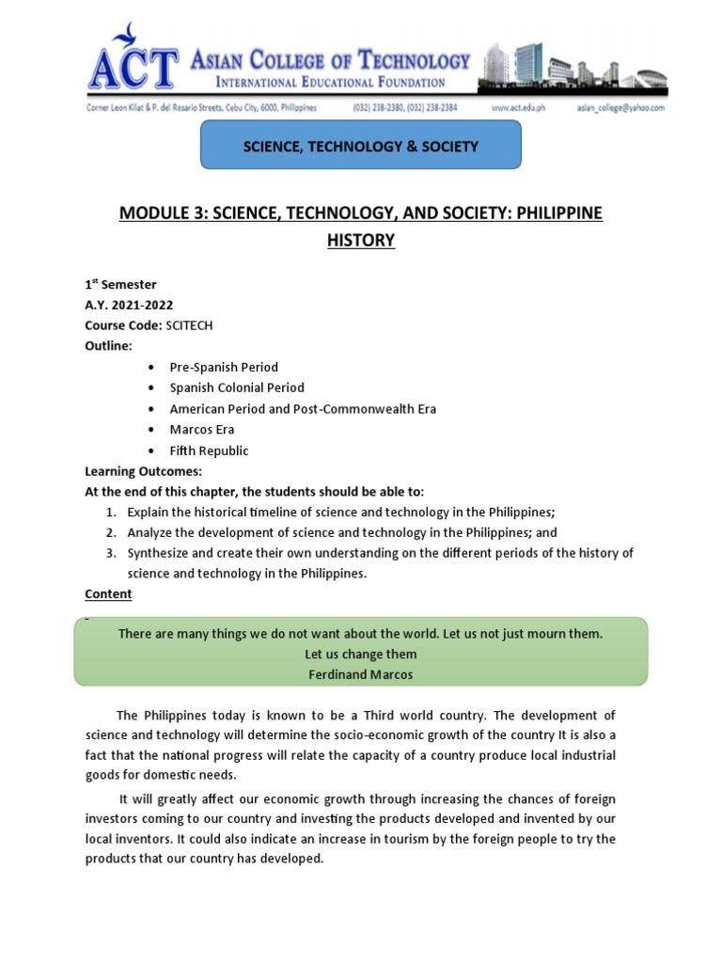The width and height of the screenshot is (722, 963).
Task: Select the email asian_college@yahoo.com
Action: click(620, 108)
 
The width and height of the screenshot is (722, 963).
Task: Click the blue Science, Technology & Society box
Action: click(361, 147)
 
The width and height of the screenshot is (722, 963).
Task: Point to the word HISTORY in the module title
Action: click(361, 241)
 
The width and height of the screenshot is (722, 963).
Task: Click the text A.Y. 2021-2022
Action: click(129, 305)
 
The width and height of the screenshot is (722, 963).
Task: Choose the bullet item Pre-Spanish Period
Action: click(224, 367)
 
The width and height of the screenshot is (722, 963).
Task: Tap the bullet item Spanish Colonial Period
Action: click(237, 387)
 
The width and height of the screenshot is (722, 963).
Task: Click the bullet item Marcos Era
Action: click(202, 430)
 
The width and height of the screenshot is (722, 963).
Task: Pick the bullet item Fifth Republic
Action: click(209, 450)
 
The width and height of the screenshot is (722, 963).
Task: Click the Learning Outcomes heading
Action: click(143, 471)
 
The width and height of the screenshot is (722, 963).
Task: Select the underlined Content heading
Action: click(108, 594)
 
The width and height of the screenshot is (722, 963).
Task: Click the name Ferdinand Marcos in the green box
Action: click(361, 674)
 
